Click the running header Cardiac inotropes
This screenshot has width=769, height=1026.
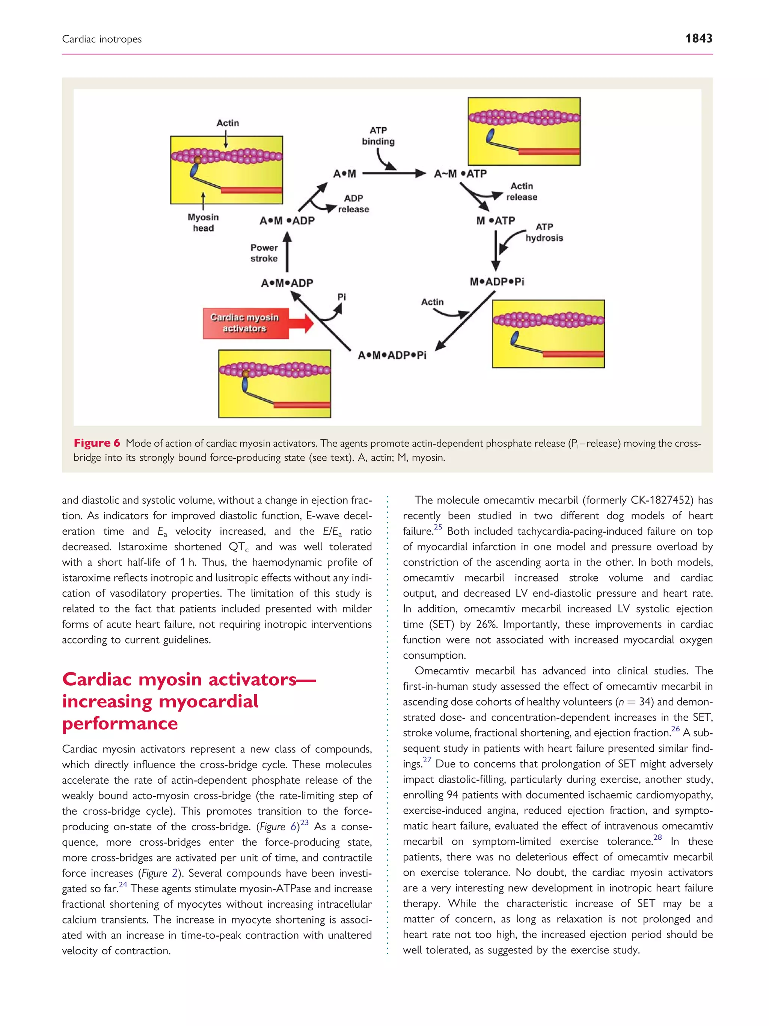pyautogui.click(x=102, y=39)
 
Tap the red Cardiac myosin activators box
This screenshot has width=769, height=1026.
pyautogui.click(x=245, y=323)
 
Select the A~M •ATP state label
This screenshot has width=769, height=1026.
pyautogui.click(x=460, y=174)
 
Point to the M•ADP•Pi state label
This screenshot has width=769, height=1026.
pyautogui.click(x=497, y=281)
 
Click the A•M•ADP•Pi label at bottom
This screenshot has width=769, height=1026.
pyautogui.click(x=392, y=355)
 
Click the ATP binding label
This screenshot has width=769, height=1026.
pyautogui.click(x=378, y=136)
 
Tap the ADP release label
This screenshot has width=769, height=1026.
pyautogui.click(x=353, y=204)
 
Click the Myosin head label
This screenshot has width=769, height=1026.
pyautogui.click(x=203, y=223)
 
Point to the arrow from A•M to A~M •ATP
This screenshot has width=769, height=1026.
pyautogui.click(x=394, y=174)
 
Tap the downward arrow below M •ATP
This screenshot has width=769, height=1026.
pyautogui.click(x=496, y=251)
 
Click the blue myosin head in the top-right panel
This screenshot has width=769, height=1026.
pyautogui.click(x=490, y=136)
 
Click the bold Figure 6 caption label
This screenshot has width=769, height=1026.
pyautogui.click(x=97, y=443)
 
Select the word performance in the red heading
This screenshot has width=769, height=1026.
pyautogui.click(x=120, y=724)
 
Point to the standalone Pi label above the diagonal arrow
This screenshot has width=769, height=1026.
pyautogui.click(x=342, y=297)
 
